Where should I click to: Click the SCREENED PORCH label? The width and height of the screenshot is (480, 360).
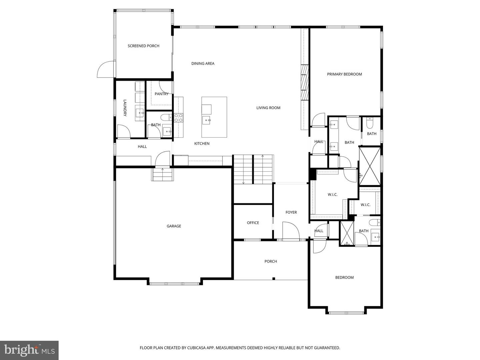pyautogui.click(x=143, y=46)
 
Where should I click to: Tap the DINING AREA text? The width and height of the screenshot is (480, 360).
pyautogui.click(x=203, y=64)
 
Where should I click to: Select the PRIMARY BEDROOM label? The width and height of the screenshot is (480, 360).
pyautogui.click(x=344, y=74)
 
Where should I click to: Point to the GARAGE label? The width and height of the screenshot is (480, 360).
pyautogui.click(x=174, y=226)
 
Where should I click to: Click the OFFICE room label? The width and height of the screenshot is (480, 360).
pyautogui.click(x=253, y=223)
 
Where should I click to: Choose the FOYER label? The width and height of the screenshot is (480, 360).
pyautogui.click(x=291, y=212)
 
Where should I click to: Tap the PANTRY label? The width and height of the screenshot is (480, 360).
pyautogui.click(x=161, y=94)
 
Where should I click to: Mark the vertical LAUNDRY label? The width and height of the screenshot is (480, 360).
pyautogui.click(x=125, y=108)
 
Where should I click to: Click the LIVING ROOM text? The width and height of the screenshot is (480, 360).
pyautogui.click(x=268, y=108)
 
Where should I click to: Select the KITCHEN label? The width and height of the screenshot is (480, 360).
pyautogui.click(x=202, y=144)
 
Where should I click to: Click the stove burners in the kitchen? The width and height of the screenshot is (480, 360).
pyautogui.click(x=178, y=118)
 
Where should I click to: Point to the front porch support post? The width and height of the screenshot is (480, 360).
pyautogui.click(x=274, y=279)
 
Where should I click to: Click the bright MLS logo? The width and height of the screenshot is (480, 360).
pyautogui.click(x=29, y=350)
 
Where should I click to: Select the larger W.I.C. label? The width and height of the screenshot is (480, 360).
pyautogui.click(x=332, y=195)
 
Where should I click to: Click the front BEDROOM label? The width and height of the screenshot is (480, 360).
pyautogui.click(x=344, y=278)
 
